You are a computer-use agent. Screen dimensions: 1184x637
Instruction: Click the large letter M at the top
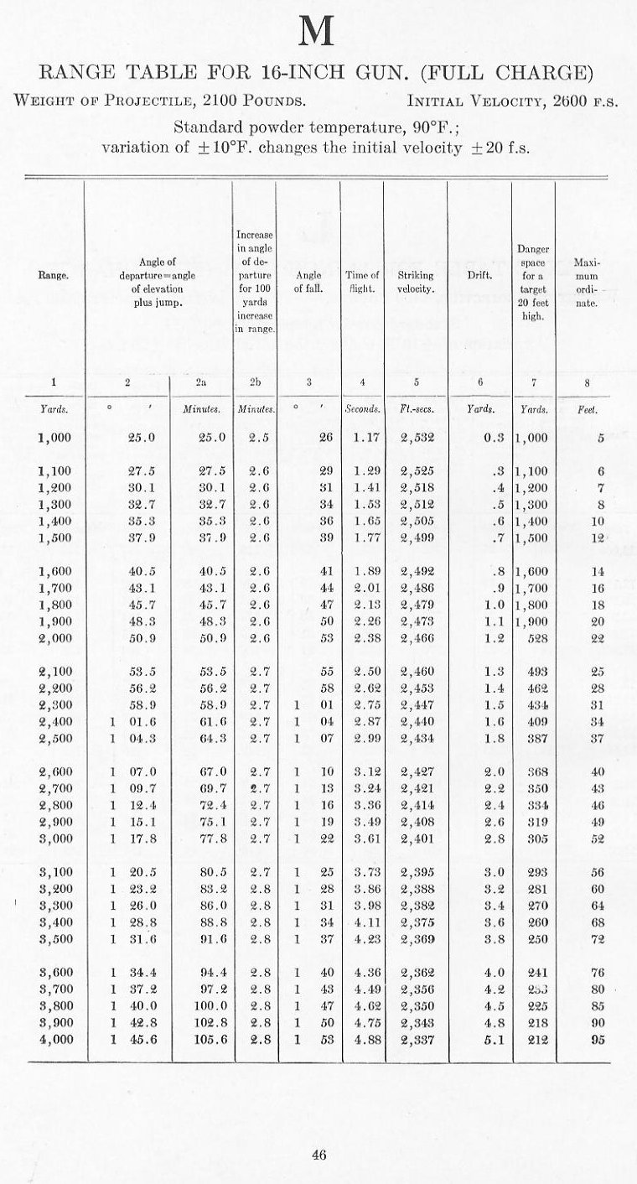[x=318, y=33]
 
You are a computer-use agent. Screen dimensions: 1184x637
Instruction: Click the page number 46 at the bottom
[x=318, y=1155]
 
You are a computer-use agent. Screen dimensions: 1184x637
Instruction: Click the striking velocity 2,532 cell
[x=416, y=437]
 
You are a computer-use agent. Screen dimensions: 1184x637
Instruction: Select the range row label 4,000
[x=54, y=1040]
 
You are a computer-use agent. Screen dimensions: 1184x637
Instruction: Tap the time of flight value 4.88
[x=362, y=1040]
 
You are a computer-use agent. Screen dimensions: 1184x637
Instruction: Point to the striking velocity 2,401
[x=416, y=839]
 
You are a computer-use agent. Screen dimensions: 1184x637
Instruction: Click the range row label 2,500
[x=54, y=738]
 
